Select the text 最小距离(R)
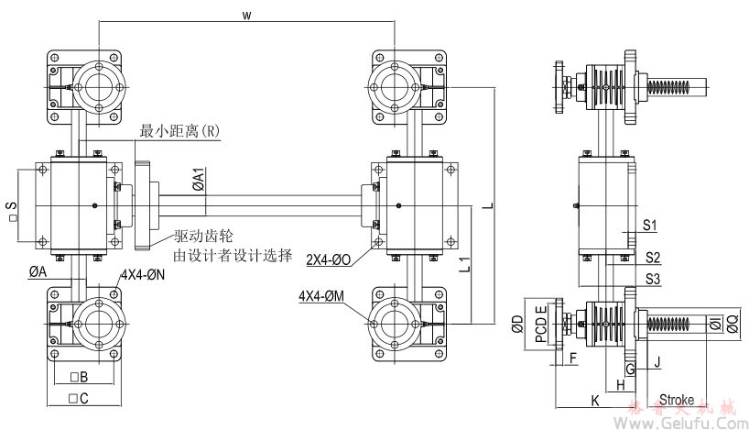click(x=180, y=131)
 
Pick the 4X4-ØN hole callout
click(x=143, y=274)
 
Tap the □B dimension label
click(x=78, y=377)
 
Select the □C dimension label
click(x=78, y=399)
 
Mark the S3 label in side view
click(x=652, y=278)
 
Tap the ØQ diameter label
click(x=731, y=323)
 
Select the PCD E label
click(x=541, y=323)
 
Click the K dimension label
click(x=594, y=401)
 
